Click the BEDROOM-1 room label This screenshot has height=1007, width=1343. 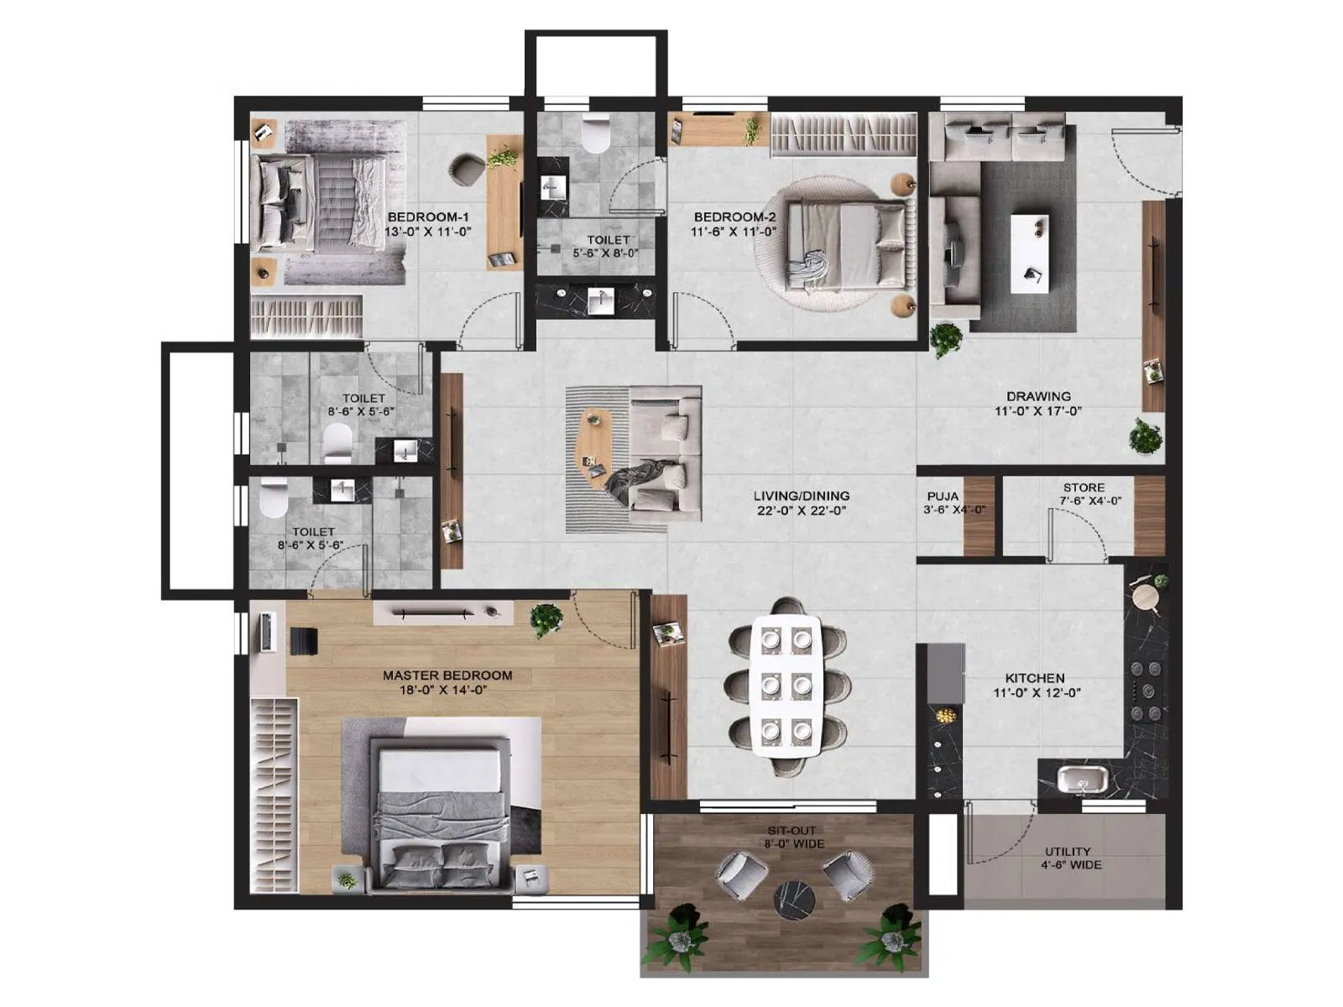428,217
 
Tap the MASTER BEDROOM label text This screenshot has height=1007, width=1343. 447,676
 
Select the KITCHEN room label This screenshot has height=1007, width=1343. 1035,678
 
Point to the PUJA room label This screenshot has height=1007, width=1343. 943,496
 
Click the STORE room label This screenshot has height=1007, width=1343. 1084,488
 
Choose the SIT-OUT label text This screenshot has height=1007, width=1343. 792,831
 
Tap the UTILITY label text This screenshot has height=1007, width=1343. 1068,851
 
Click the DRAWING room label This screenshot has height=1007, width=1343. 1038,396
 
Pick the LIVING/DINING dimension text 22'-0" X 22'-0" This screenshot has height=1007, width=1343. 801,510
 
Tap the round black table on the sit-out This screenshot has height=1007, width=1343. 794,900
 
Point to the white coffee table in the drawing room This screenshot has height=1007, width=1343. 1030,253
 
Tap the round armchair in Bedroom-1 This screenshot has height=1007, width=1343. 468,169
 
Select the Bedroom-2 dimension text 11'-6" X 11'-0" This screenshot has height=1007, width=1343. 734,232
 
